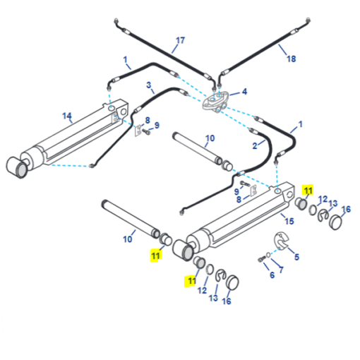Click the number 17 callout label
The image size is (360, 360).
(x=181, y=40)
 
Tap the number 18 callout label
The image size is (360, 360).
(x=292, y=59)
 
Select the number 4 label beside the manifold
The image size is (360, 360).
(x=245, y=92)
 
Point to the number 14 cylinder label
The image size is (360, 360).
(x=67, y=116)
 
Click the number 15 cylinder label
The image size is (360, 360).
(x=289, y=221)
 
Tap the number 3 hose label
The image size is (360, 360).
(x=148, y=85)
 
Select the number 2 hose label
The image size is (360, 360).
(x=255, y=146)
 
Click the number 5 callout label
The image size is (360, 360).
(x=296, y=257)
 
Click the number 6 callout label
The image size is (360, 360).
(x=272, y=275)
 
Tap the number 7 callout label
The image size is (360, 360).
(x=281, y=270)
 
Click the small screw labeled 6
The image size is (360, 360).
(x=261, y=260)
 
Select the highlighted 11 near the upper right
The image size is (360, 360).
(x=308, y=191)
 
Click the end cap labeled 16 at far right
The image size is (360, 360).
(x=336, y=222)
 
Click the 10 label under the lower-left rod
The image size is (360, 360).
(x=128, y=239)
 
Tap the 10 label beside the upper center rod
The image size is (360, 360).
(x=210, y=138)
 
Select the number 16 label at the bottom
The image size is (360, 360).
(x=227, y=301)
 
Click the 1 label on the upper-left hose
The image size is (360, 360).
(x=125, y=59)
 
